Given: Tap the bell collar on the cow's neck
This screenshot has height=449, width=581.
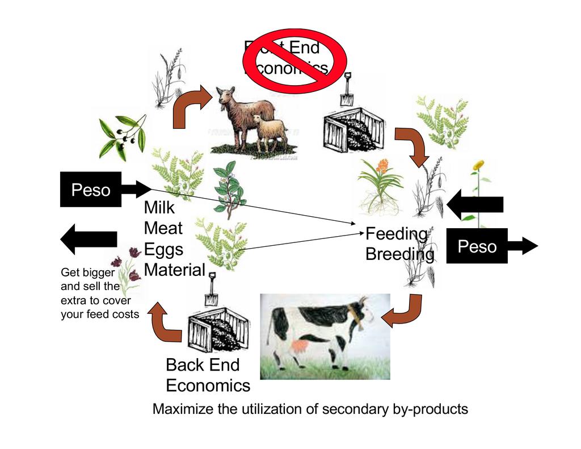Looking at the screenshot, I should click(x=356, y=317).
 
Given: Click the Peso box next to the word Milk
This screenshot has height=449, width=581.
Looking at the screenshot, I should click(x=91, y=190).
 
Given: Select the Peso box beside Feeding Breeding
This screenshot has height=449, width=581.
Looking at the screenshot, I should click(x=477, y=246).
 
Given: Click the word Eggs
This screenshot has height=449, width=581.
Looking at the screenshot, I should click(x=163, y=249).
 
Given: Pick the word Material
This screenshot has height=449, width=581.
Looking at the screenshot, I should click(x=174, y=270).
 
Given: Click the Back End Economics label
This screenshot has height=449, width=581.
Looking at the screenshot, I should click(x=207, y=375).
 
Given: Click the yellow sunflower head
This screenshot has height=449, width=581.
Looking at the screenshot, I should click(x=479, y=165).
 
